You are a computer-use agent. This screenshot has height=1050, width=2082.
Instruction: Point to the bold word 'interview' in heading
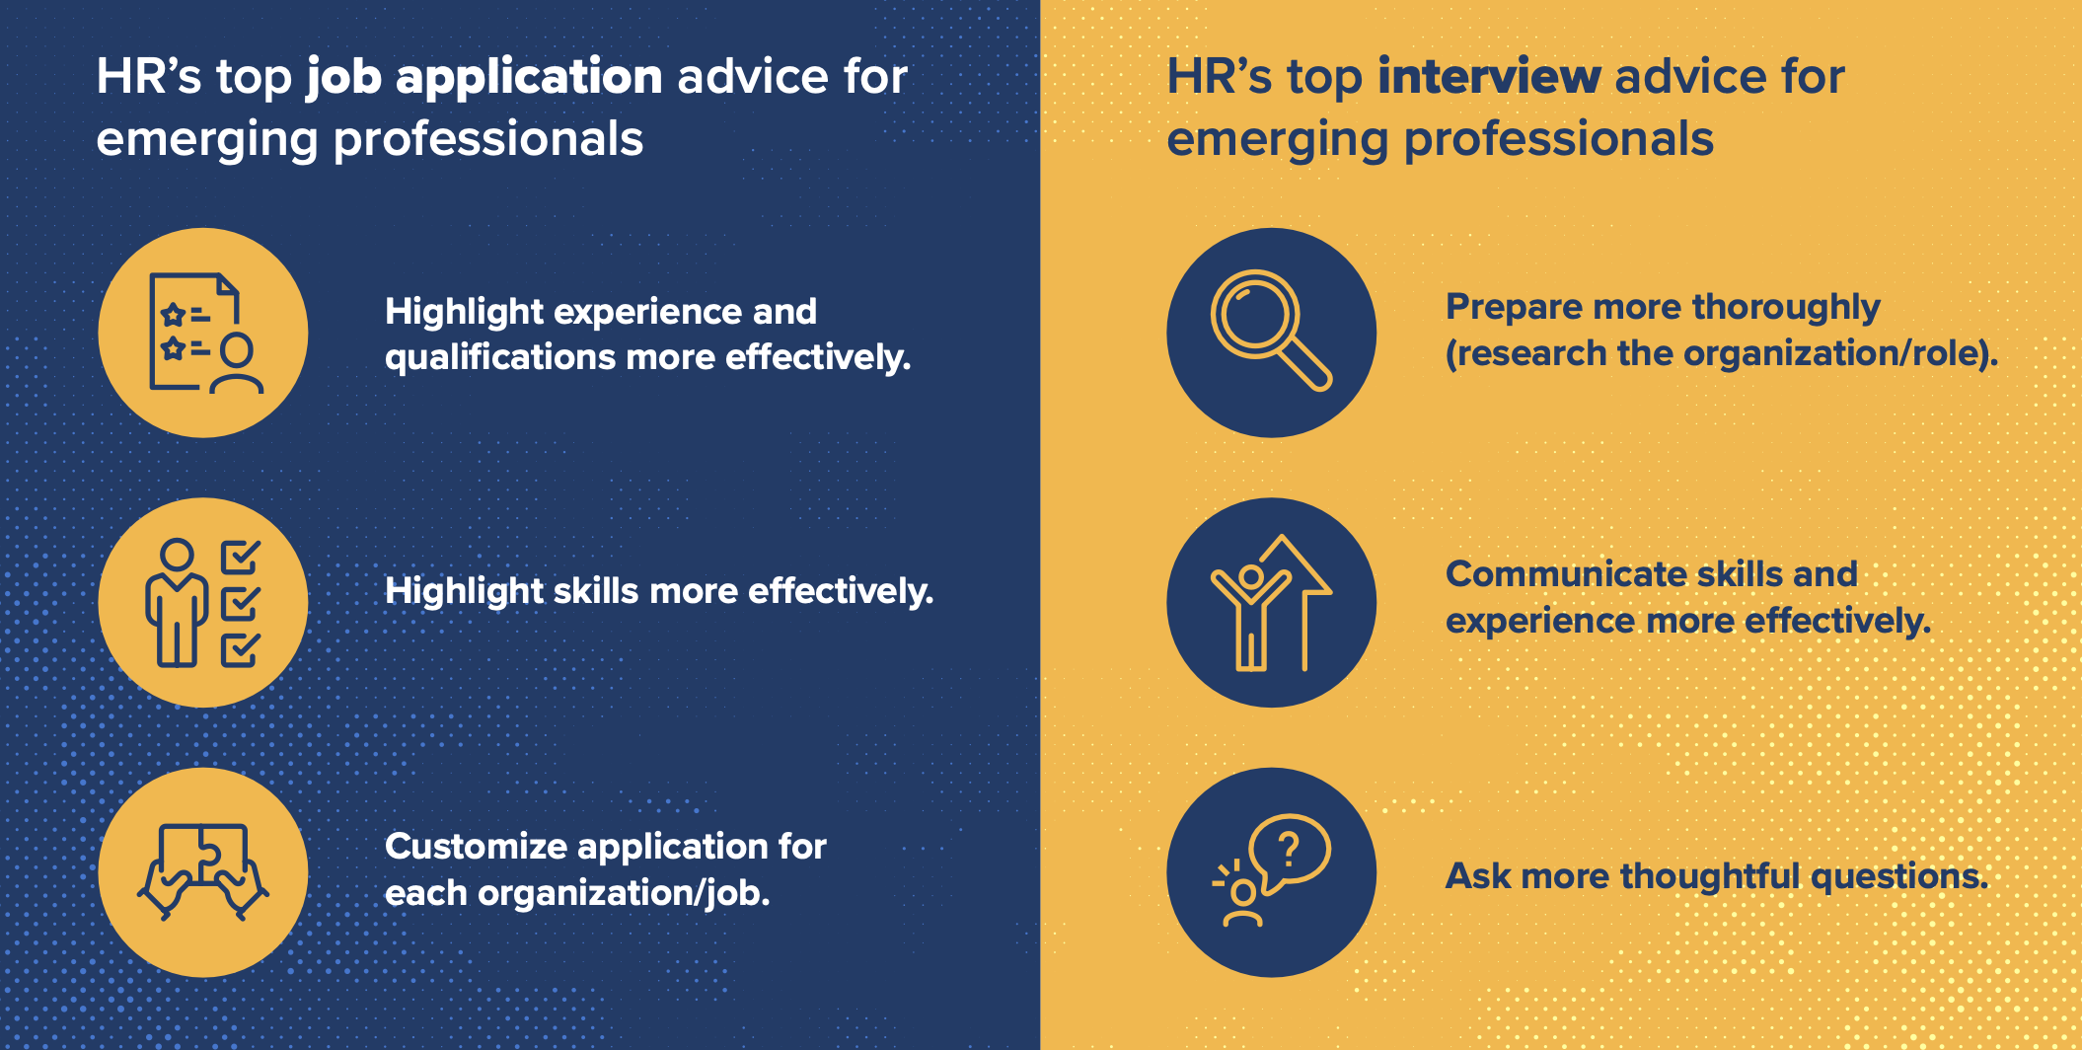[x=1489, y=76]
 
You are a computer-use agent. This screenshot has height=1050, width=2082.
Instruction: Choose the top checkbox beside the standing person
[x=240, y=557]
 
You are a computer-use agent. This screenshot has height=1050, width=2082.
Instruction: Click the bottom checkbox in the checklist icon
[x=240, y=649]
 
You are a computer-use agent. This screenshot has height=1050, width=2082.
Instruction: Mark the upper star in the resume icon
[x=173, y=316]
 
